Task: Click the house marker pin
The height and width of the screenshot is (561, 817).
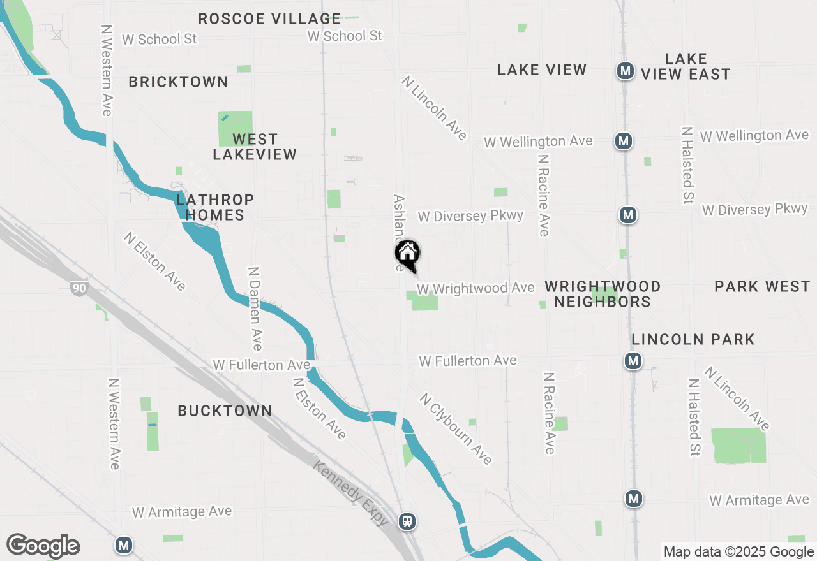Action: [407, 254]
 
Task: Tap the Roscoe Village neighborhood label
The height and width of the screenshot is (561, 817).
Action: [269, 18]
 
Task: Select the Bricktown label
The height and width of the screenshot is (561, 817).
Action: [179, 82]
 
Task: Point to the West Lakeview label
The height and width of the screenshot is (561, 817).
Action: [255, 147]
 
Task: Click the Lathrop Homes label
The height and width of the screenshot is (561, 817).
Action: [215, 207]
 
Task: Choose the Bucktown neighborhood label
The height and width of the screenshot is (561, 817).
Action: [225, 411]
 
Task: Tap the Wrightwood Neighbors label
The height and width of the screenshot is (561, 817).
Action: [603, 294]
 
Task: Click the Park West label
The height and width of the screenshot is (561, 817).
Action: [762, 286]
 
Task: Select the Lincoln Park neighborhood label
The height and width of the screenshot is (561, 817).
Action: [693, 339]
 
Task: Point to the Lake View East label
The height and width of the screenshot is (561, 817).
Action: [686, 67]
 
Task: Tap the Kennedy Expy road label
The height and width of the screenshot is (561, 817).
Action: [350, 493]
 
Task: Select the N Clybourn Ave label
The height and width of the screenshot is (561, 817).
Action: [456, 428]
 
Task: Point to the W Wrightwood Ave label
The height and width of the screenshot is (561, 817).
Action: [476, 289]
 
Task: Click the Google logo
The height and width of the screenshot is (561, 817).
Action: [43, 546]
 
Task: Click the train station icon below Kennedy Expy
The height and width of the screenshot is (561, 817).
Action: [407, 521]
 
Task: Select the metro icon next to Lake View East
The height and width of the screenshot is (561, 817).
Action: [625, 71]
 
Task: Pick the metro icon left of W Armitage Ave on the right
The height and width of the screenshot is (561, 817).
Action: [633, 499]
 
